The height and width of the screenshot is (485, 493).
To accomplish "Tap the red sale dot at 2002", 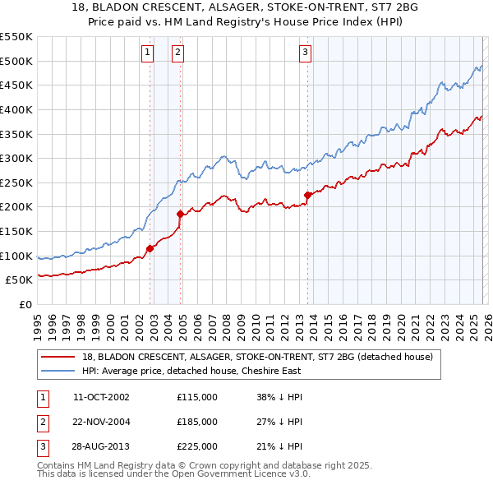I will click(x=150, y=247).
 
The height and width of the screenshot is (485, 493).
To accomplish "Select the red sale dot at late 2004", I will click(x=181, y=214).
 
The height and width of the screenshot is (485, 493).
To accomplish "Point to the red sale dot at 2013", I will click(x=307, y=195).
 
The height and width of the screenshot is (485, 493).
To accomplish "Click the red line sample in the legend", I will click(x=58, y=357).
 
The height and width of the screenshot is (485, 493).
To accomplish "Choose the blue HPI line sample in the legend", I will click(x=58, y=370).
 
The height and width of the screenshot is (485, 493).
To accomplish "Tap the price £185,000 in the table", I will click(x=197, y=422).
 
